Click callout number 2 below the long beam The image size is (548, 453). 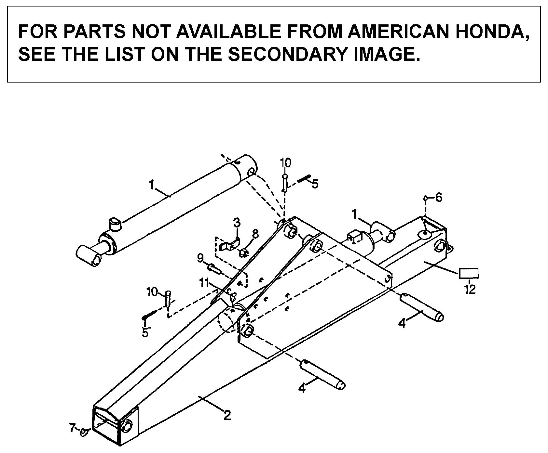tap(227, 415)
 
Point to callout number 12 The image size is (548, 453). tap(470, 289)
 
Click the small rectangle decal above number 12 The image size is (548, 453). tap(469, 273)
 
